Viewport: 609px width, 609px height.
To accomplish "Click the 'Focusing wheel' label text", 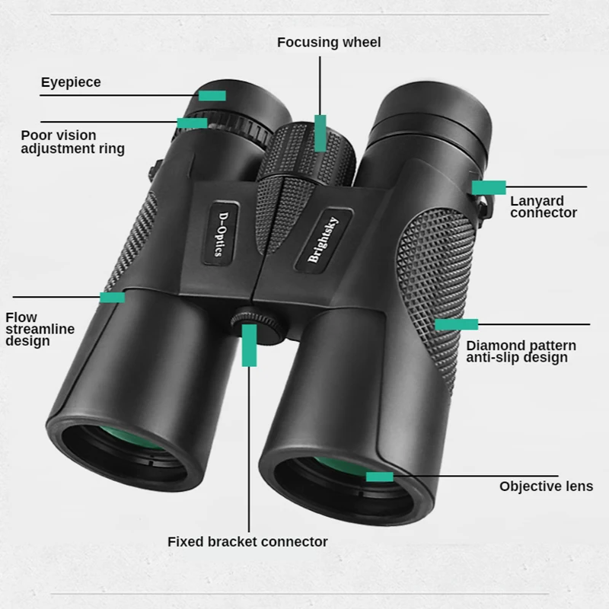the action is click(329, 43).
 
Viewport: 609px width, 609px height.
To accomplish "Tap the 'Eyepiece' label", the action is click(71, 82).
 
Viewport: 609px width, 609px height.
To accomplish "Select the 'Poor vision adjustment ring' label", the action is click(73, 142).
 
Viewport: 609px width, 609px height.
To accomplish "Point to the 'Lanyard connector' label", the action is click(544, 207).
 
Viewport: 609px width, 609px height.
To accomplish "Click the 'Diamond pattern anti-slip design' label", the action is click(521, 352).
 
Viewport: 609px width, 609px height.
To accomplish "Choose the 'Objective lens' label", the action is click(546, 486).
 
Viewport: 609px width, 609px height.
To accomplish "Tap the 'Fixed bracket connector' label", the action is click(247, 542).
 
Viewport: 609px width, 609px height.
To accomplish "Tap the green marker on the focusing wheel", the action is click(320, 132).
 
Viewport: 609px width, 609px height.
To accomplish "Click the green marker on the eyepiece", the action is click(212, 95).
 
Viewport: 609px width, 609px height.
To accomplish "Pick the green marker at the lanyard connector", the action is click(489, 187).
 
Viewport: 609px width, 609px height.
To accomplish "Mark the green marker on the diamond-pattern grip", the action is click(457, 324).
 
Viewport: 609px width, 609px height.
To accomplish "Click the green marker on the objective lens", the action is click(379, 477).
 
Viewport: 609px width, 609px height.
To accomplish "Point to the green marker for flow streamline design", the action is click(113, 296).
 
